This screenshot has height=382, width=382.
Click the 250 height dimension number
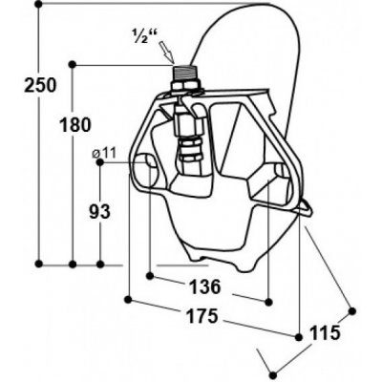[x=40, y=85]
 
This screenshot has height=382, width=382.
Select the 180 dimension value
[x=75, y=125]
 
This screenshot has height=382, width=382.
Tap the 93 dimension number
[x=99, y=211]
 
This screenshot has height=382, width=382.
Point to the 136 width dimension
[x=205, y=286]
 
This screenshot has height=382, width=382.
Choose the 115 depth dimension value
[x=325, y=333]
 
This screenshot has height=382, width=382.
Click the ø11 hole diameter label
[x=104, y=153]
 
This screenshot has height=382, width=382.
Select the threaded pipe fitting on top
[x=183, y=73]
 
